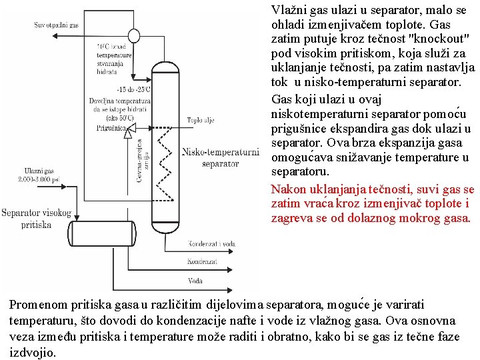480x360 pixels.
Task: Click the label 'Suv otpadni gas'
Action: tap(57, 25)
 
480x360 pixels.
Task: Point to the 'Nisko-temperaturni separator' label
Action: tap(220, 157)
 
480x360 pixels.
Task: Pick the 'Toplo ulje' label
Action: tap(200, 121)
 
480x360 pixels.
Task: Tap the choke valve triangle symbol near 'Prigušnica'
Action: tap(129, 128)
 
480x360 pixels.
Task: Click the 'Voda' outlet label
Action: tap(195, 281)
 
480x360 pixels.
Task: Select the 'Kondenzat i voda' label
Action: tap(212, 244)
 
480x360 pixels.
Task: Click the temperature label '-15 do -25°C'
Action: tap(133, 89)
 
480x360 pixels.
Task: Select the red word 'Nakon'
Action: tap(288, 189)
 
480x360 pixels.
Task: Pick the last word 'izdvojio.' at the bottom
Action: tap(33, 353)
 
